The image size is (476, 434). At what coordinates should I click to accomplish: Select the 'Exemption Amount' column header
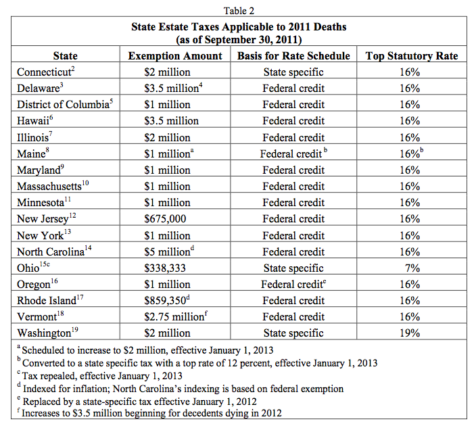(x=175, y=56)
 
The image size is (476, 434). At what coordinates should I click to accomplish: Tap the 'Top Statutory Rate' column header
(x=412, y=56)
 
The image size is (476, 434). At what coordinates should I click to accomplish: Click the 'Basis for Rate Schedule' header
(x=293, y=56)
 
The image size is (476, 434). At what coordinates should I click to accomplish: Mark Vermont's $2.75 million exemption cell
(x=174, y=316)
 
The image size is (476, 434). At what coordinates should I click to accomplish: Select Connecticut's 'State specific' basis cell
(x=293, y=72)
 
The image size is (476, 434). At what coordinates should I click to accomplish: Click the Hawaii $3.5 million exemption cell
(x=171, y=121)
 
